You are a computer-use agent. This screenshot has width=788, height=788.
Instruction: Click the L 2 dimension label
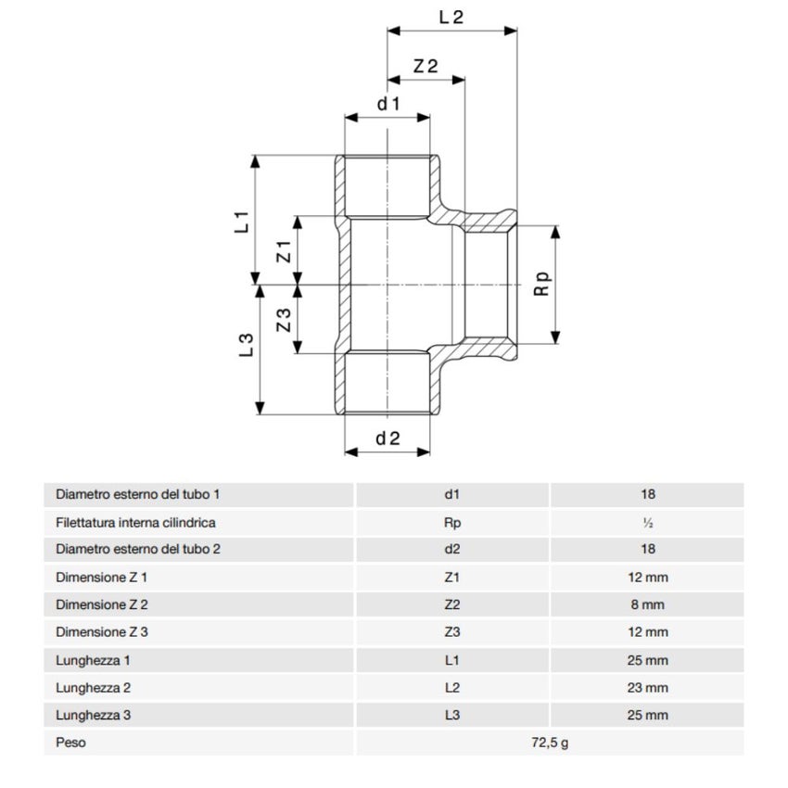(451, 17)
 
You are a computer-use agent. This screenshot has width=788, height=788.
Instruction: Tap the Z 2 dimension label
(426, 66)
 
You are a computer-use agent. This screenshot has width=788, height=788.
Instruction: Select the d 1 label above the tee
(388, 104)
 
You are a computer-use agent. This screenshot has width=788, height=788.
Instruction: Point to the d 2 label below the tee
(388, 438)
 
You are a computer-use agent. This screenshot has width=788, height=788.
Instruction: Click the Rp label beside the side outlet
(543, 284)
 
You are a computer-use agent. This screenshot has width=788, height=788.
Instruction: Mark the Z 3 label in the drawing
(285, 320)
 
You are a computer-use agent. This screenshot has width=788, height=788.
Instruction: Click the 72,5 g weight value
(550, 743)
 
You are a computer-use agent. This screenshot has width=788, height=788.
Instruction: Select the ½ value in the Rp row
(647, 522)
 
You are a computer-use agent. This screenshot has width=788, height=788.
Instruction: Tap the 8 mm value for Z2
(647, 604)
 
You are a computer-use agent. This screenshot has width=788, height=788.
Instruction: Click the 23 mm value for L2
(647, 687)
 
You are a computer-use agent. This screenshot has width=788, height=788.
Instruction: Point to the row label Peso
(70, 743)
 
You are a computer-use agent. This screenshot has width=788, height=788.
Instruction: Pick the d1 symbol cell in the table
(452, 494)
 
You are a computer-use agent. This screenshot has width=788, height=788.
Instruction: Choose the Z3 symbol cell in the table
(452, 632)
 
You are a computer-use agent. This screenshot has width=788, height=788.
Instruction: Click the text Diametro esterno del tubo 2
(138, 549)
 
